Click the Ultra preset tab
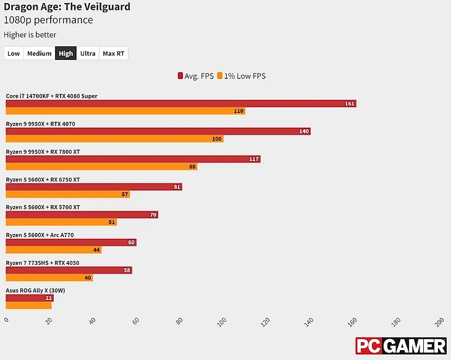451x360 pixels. pyautogui.click(x=88, y=53)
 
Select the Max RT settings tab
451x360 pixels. pyautogui.click(x=114, y=53)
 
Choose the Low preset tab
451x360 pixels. pyautogui.click(x=14, y=53)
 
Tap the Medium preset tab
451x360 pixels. pyautogui.click(x=39, y=53)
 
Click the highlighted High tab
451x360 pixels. pyautogui.click(x=66, y=53)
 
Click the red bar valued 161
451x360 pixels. pyautogui.click(x=180, y=103)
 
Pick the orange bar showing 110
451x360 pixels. pyautogui.click(x=125, y=111)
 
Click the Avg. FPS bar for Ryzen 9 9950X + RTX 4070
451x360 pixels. pyautogui.click(x=158, y=131)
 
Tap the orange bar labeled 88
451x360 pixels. pyautogui.click(x=101, y=167)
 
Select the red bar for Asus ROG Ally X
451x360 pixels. pyautogui.click(x=30, y=298)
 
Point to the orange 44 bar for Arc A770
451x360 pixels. pyautogui.click(x=53, y=250)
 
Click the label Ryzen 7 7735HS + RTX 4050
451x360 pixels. pyautogui.click(x=43, y=263)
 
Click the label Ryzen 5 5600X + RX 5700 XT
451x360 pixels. pyautogui.click(x=43, y=207)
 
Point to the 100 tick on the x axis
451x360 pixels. pyautogui.click(x=222, y=322)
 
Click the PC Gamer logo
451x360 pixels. pyautogui.click(x=400, y=346)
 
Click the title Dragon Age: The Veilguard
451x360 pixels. pyautogui.click(x=67, y=7)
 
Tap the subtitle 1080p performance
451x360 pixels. pyautogui.click(x=48, y=20)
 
